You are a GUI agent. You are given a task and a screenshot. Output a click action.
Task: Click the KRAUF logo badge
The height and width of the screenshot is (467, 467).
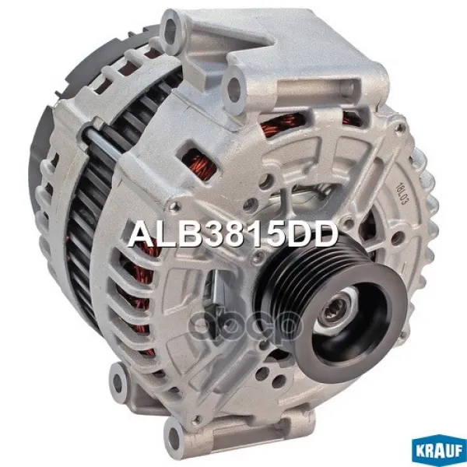click(x=439, y=451)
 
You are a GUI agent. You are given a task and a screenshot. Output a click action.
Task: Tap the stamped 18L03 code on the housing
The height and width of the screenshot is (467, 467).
click(x=401, y=194)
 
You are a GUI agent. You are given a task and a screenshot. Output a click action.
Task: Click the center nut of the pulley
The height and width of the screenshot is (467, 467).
click(x=335, y=311)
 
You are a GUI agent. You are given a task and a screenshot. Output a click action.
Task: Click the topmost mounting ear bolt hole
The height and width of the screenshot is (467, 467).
click(x=171, y=30)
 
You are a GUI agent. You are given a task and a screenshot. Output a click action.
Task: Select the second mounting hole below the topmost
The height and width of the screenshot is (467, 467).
click(x=234, y=86)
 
